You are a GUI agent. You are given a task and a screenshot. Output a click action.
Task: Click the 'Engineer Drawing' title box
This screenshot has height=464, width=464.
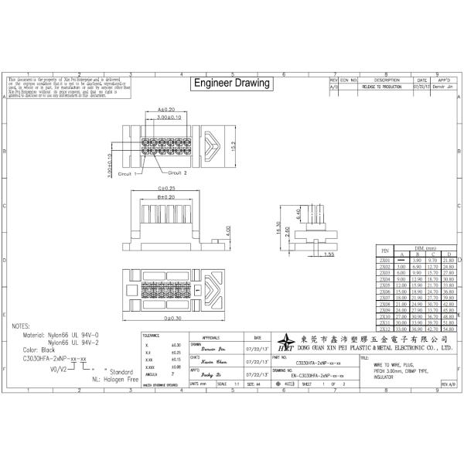pos(231,83)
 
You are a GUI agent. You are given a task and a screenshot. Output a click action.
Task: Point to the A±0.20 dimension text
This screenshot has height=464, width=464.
pos(166,110)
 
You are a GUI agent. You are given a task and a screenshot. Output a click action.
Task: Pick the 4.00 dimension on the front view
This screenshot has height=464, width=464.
pos(227,230)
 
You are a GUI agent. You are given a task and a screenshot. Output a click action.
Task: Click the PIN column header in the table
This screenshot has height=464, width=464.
pos(385,250)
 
